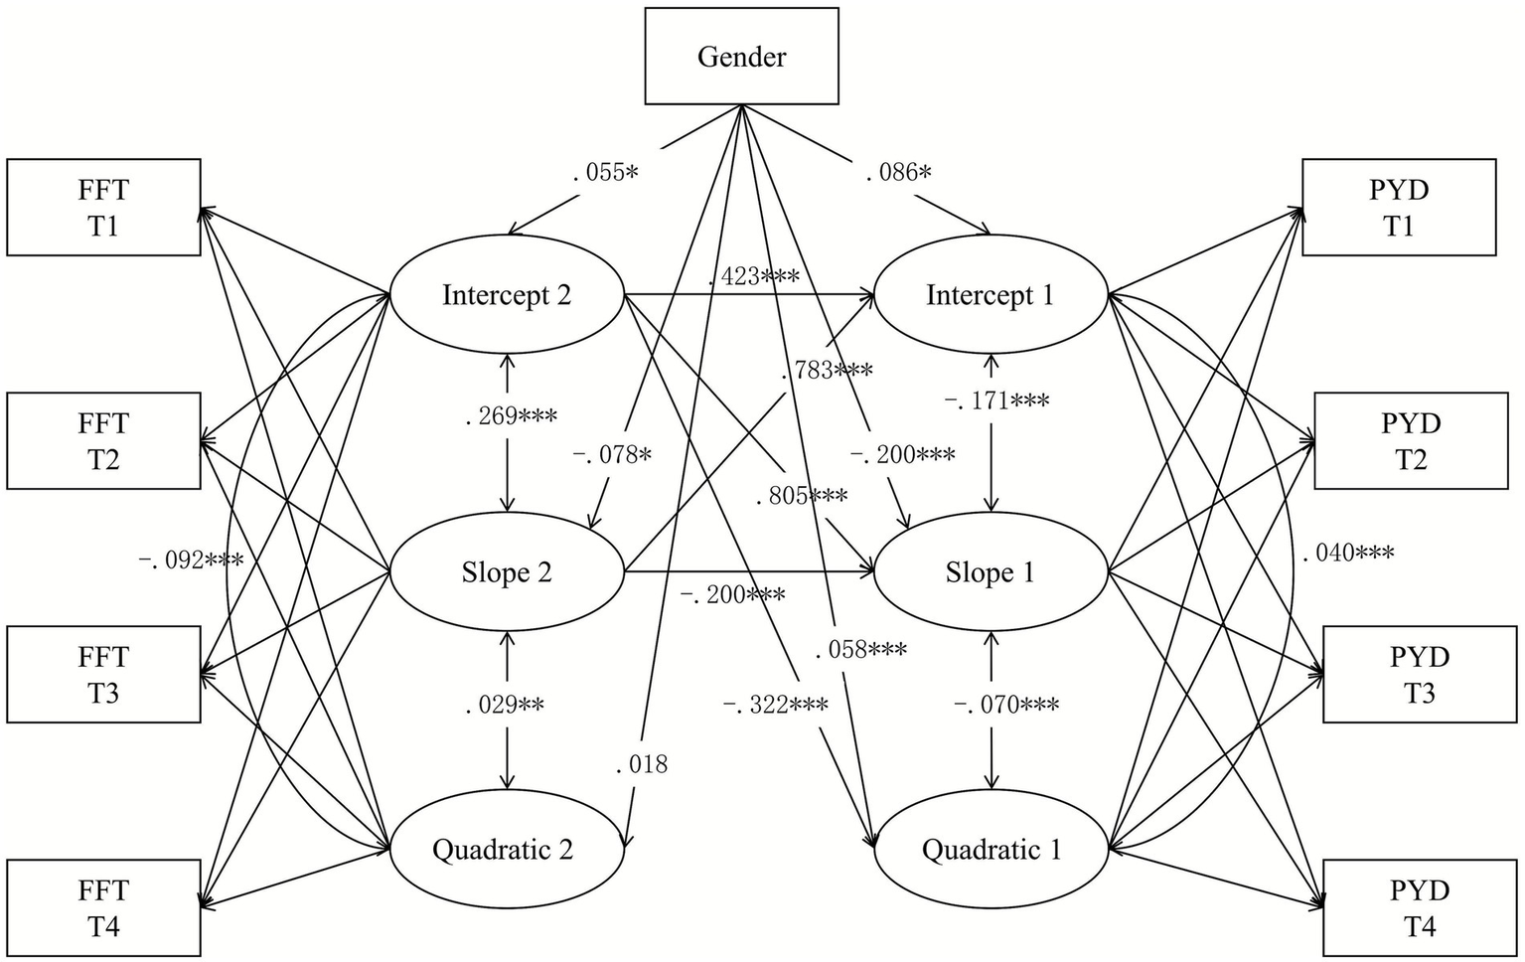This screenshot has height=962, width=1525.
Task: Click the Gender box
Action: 741,57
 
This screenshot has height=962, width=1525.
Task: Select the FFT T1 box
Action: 103,208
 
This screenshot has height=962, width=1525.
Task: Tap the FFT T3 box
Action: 103,675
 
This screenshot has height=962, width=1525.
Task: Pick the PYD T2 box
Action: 1410,441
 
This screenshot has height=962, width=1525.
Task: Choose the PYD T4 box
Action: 1419,908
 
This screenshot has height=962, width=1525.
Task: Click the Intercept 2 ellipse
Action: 507,294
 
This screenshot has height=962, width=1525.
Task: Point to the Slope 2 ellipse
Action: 507,571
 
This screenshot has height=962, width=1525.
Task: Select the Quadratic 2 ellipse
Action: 507,849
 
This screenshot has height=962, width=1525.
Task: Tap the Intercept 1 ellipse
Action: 990,294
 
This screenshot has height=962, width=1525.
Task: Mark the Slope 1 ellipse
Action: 990,571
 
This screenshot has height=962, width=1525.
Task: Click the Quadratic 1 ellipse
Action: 990,849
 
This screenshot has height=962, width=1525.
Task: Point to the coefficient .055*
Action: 605,172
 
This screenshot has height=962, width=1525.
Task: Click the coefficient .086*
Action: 898,172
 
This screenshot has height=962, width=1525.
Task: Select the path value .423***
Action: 754,276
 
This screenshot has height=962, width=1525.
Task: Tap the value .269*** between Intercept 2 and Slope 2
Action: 511,415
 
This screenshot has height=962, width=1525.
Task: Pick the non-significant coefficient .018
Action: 642,764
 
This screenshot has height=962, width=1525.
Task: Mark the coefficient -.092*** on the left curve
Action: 190,560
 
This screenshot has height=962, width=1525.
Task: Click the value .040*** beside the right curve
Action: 1348,553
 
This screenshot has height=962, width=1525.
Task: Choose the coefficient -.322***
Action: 775,705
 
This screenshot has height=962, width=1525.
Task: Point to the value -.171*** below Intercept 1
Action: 996,401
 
